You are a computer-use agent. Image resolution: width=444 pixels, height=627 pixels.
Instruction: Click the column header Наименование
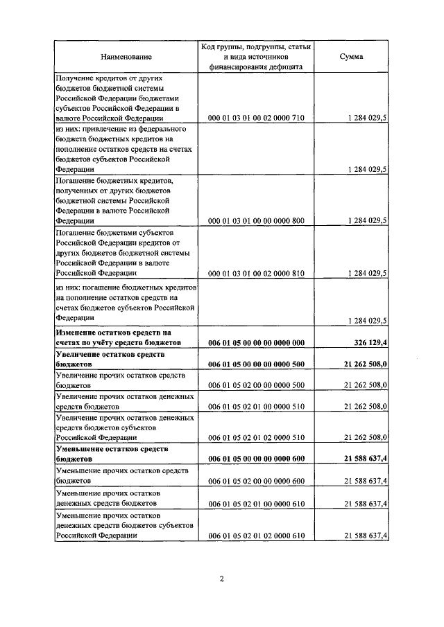coord(126,56)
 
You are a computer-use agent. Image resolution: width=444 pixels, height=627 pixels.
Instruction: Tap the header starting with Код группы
coord(256,56)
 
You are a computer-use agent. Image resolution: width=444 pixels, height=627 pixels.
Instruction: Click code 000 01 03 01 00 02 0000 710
coord(256,119)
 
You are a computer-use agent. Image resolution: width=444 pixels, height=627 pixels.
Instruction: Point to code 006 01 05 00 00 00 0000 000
coord(256,343)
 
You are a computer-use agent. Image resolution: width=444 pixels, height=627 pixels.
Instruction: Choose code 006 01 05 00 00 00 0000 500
coord(256,364)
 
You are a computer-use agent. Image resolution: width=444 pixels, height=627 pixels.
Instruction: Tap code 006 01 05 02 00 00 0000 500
coord(256,384)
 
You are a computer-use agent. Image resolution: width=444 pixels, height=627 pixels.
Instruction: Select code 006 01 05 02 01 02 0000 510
coord(256,438)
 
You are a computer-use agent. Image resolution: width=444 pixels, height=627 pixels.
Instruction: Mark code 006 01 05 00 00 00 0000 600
coord(256,459)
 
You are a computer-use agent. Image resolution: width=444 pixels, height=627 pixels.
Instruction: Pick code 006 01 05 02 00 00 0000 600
coord(256,480)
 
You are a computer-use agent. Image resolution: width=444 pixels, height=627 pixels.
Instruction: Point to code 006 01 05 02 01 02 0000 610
coord(256,535)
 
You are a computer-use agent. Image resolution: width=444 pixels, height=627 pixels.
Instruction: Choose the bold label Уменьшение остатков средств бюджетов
coord(111,454)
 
